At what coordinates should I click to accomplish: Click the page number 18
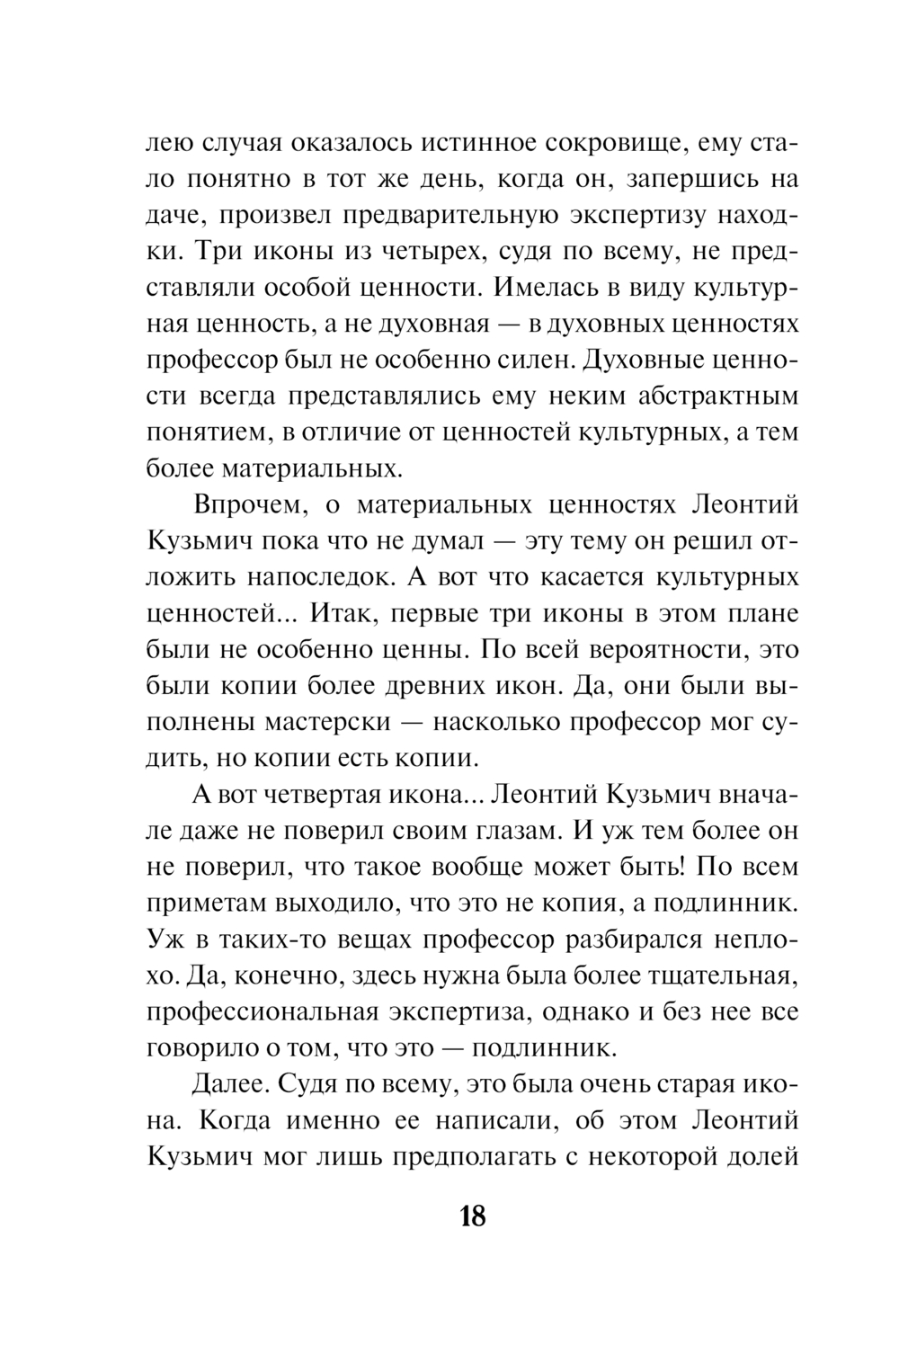[473, 1217]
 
